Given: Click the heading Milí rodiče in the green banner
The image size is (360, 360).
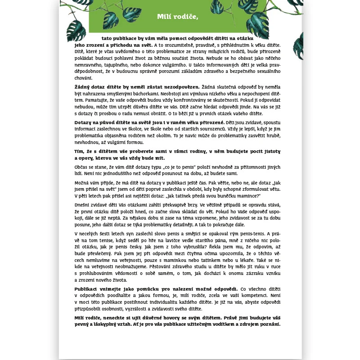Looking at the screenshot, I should click(x=178, y=17).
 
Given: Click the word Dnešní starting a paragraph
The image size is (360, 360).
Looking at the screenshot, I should click(x=84, y=205).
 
